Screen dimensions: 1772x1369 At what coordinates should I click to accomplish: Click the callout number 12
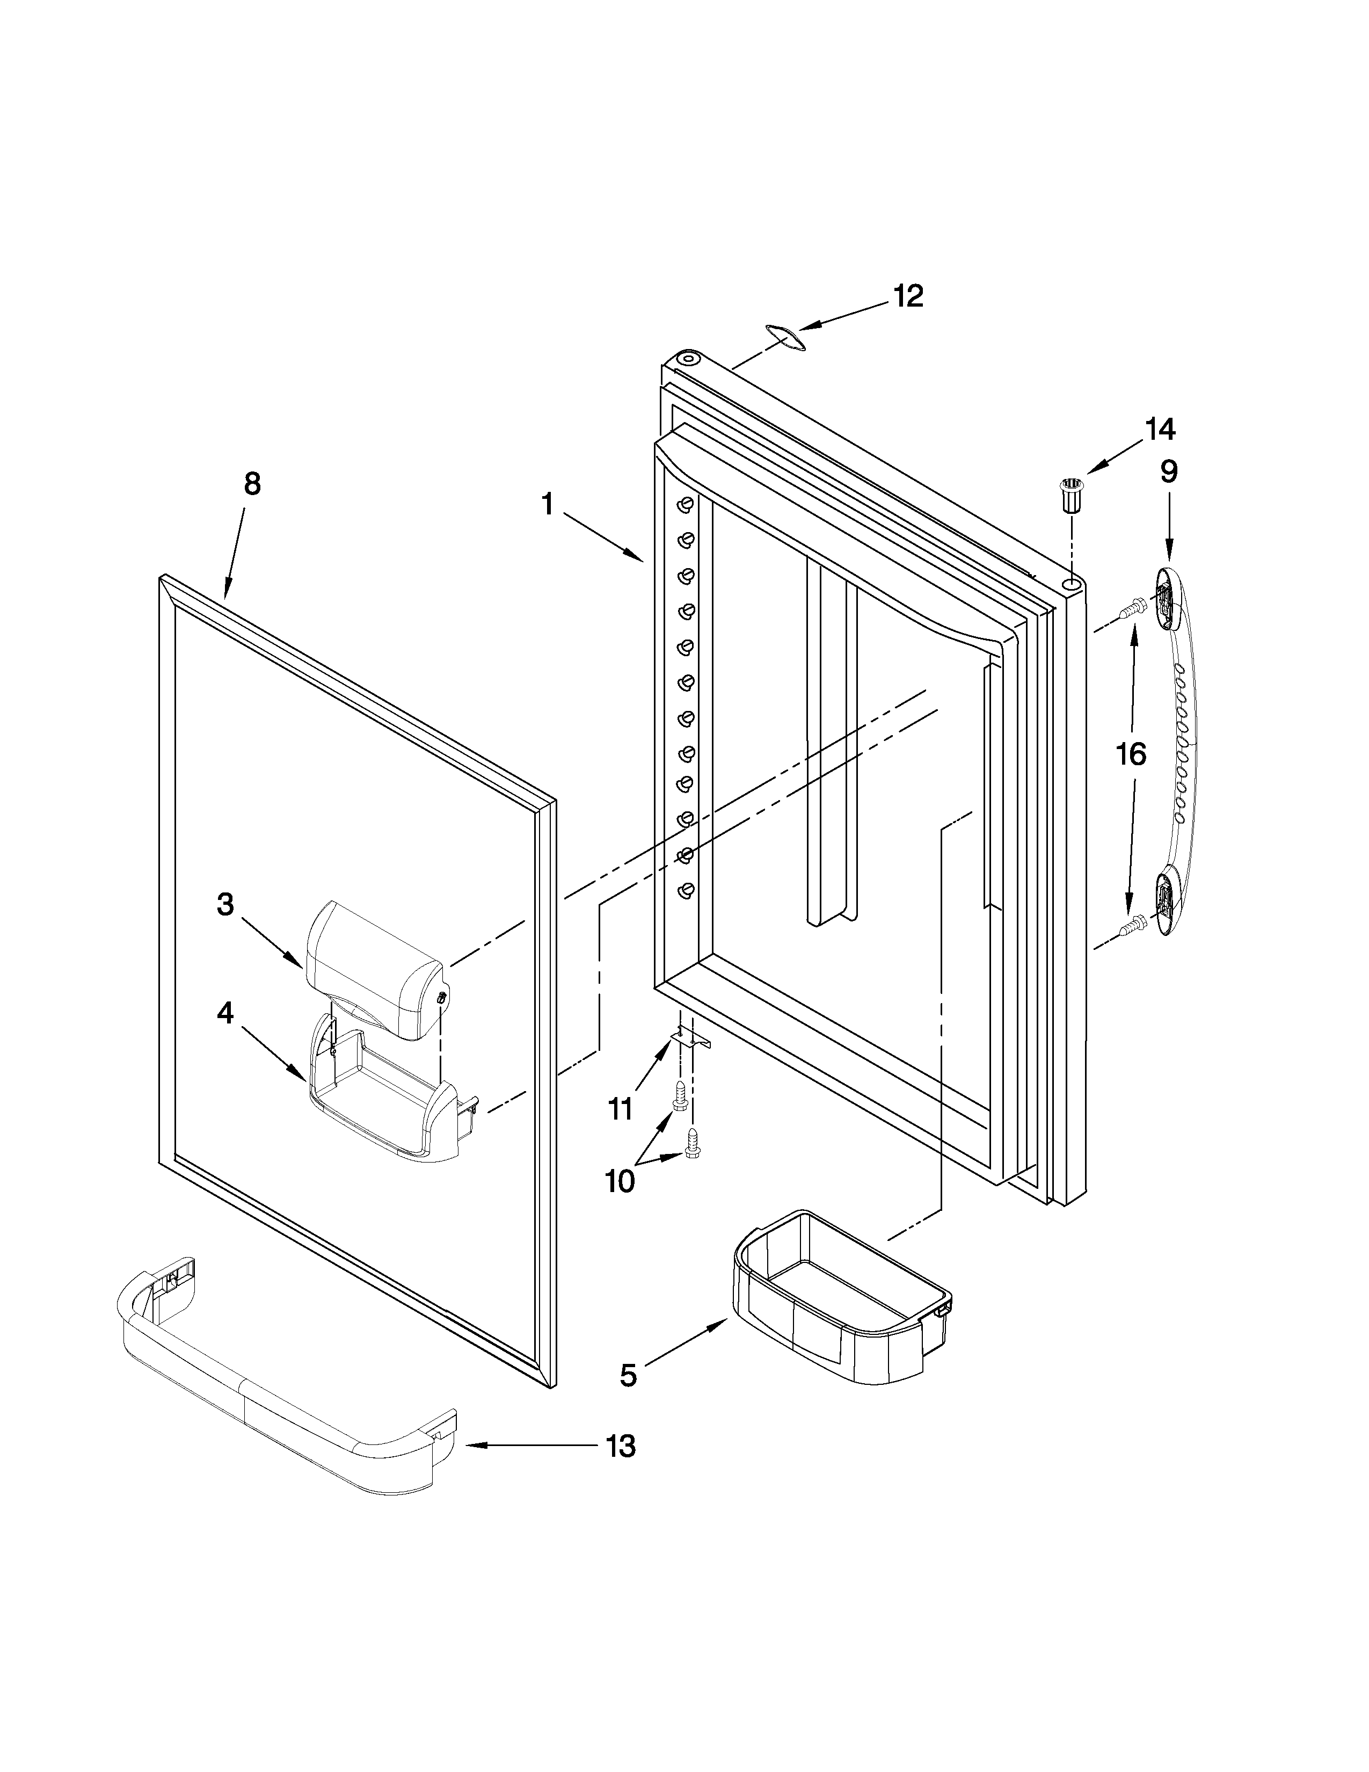click(908, 296)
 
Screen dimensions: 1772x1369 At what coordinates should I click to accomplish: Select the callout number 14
click(1160, 429)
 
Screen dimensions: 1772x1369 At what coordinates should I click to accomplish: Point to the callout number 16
click(1131, 754)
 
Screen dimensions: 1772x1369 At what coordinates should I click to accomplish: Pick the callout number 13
click(621, 1446)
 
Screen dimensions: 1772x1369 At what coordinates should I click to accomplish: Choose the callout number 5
click(629, 1375)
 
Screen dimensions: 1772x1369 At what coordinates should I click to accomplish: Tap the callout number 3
click(225, 904)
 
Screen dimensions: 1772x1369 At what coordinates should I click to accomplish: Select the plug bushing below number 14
click(1072, 496)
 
